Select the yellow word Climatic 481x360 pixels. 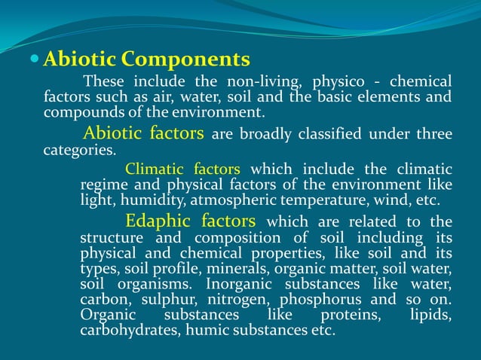(155, 169)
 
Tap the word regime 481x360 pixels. (104, 185)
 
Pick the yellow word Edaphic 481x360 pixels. (159, 221)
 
